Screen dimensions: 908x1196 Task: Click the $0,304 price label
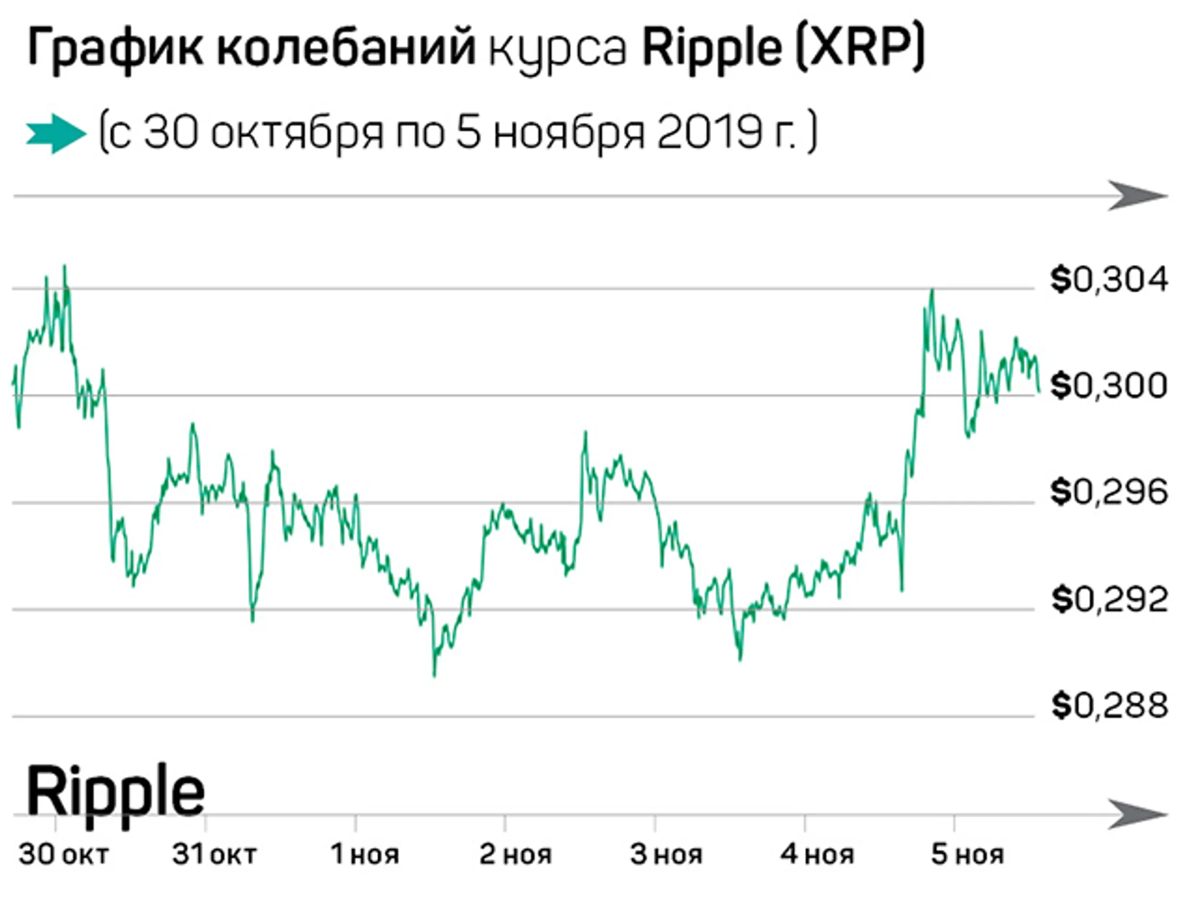coord(1109,280)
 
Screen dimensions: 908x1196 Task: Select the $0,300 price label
coord(1109,385)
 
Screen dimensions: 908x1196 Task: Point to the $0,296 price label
coord(1109,492)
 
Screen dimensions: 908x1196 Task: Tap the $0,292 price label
coord(1109,599)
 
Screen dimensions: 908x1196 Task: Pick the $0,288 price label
coord(1109,705)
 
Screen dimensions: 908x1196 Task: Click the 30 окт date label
coord(63,854)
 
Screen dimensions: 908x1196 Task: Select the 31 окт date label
coord(214,854)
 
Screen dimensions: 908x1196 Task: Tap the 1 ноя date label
coord(365,854)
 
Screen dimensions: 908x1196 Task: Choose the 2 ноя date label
coord(515,854)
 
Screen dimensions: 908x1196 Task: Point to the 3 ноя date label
coord(666,854)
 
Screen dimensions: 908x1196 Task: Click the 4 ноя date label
coord(817,854)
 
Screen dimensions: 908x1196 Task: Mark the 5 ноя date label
coord(967,854)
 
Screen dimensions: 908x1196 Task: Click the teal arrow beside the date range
coord(56,133)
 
